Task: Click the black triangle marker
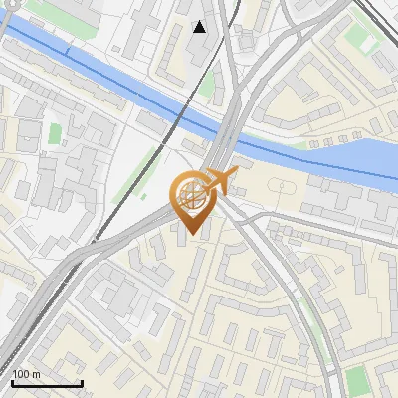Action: [200, 27]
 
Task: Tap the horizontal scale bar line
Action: [47, 383]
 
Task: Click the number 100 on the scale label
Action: [21, 374]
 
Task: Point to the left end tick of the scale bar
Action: [12, 381]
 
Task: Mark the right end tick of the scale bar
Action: [82, 381]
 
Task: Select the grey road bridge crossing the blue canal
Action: [228, 129]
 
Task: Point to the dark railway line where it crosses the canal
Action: [182, 114]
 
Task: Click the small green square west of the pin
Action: [55, 132]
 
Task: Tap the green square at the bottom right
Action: [357, 380]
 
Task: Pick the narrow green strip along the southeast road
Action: [316, 328]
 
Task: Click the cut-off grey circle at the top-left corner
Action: [4, 7]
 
